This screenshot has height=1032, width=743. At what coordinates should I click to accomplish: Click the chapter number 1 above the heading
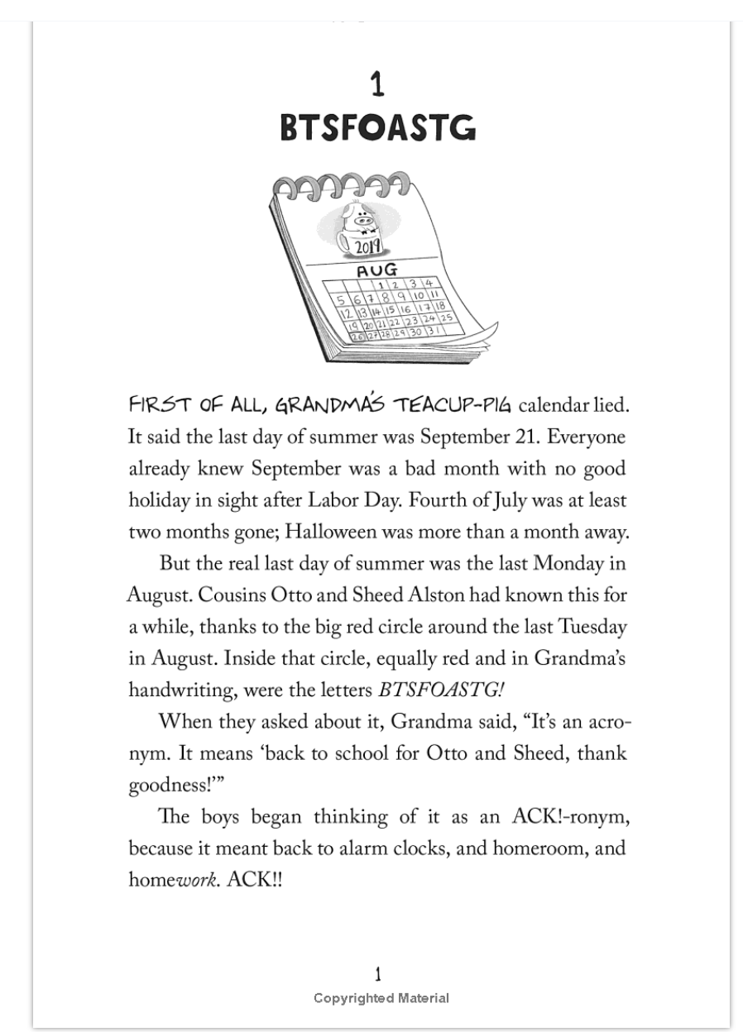377,85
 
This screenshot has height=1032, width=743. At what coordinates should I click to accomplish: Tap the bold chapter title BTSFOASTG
377,128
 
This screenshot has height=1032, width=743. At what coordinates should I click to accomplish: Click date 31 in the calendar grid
431,329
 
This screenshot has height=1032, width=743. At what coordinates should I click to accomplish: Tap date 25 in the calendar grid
445,318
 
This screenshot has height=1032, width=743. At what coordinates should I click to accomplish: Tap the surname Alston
405,595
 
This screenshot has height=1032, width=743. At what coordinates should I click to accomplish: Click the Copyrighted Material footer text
381,998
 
